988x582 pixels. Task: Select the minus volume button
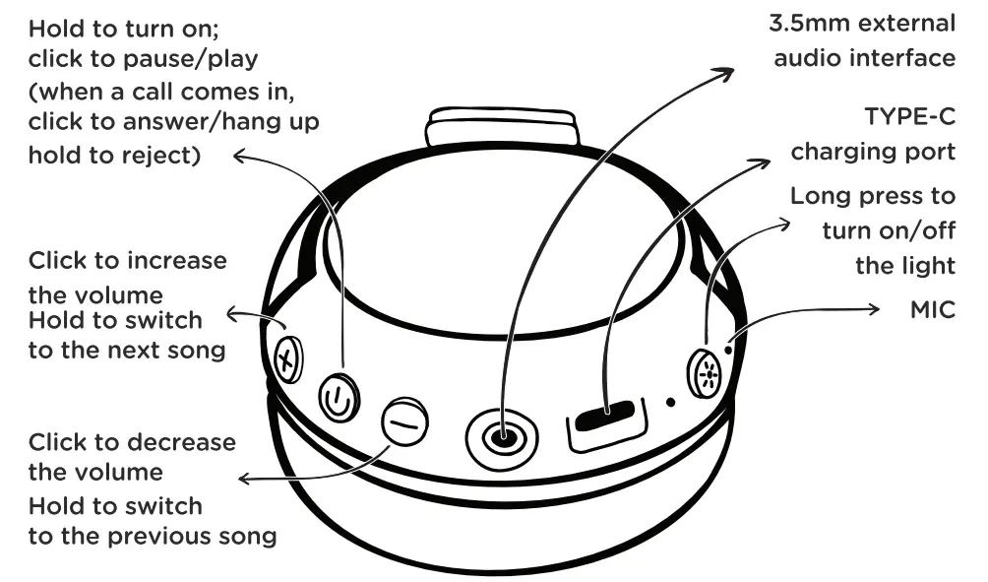coord(404,421)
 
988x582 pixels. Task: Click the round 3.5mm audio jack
coord(503,434)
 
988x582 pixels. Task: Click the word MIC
coord(932,310)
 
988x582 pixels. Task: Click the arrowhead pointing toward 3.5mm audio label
coord(728,71)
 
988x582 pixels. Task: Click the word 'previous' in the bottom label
coord(171,537)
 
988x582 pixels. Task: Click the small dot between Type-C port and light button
coord(670,402)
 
